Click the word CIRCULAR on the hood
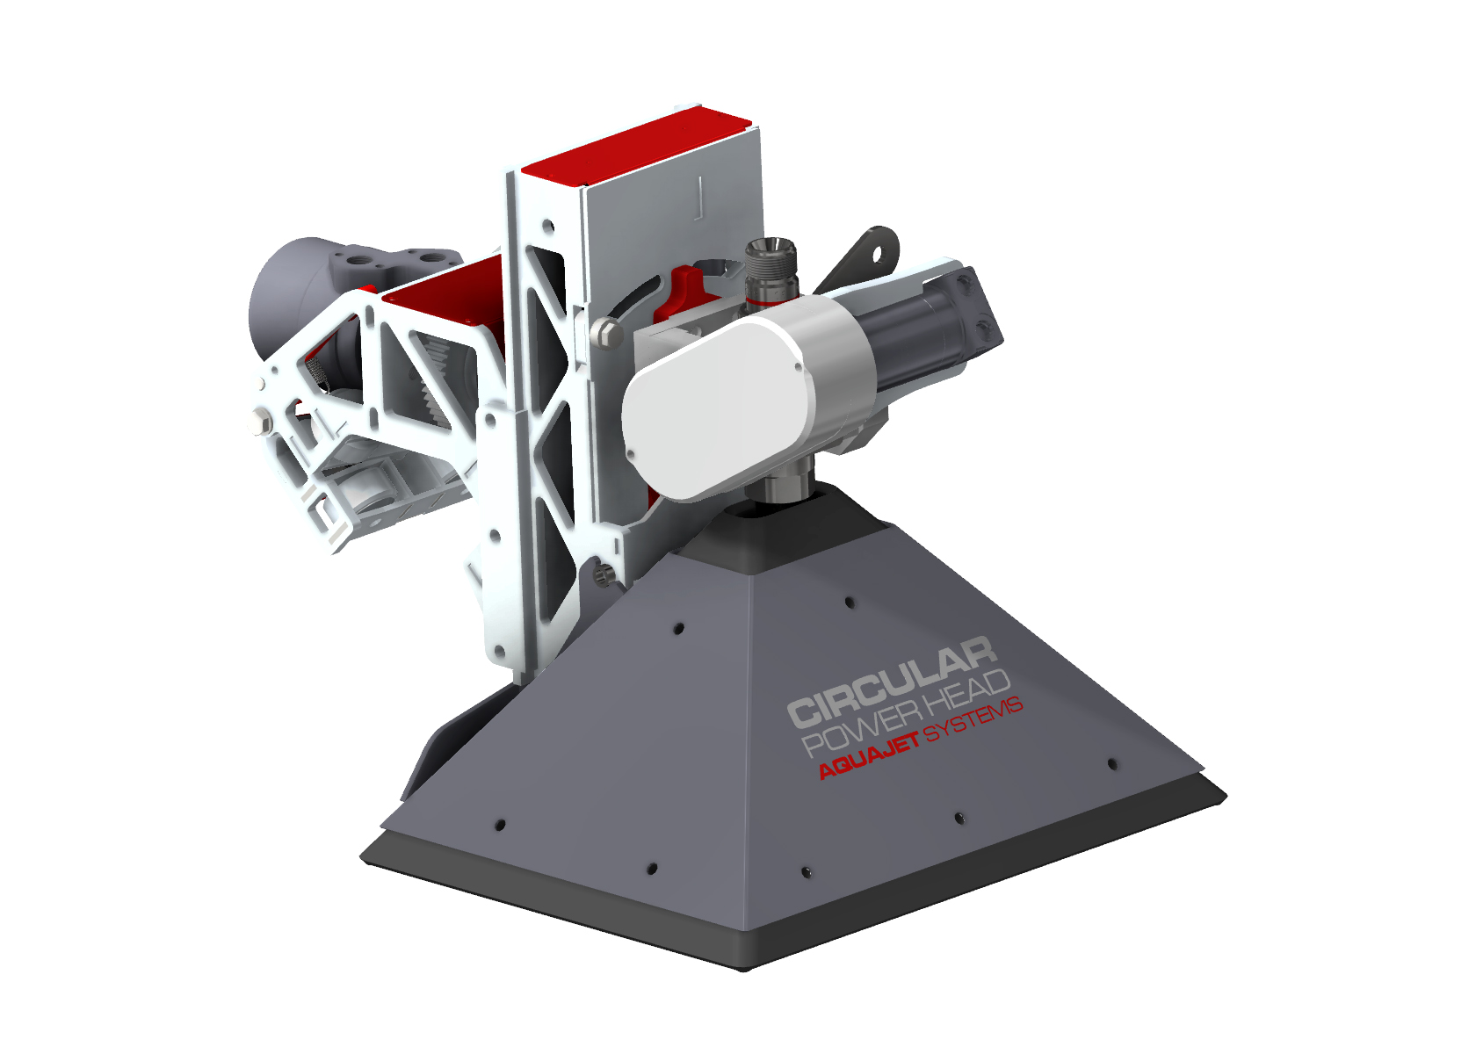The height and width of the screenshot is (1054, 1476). [892, 683]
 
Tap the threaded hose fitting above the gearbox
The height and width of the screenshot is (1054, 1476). [771, 271]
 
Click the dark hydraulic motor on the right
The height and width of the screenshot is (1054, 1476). [937, 329]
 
